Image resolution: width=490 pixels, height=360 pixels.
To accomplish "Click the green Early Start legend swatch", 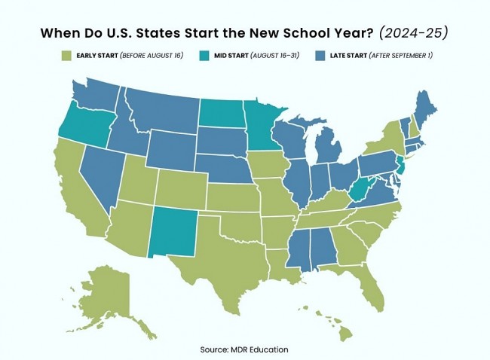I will pos(67,56).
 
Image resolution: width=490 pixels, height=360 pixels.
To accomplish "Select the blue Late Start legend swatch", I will pos(321,56).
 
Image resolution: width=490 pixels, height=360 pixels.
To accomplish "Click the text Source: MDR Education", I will pos(244,349).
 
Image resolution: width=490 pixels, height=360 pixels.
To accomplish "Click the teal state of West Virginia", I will pos(362,189).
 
